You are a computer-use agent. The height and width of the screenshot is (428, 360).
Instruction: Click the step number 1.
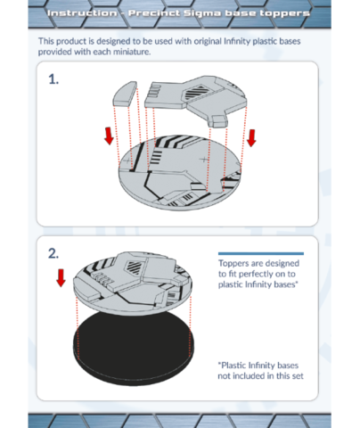point(53,79)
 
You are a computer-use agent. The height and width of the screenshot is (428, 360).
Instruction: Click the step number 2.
point(53,253)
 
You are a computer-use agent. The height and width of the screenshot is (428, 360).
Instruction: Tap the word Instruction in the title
point(82,13)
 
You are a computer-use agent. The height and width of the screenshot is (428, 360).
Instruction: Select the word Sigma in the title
point(202,13)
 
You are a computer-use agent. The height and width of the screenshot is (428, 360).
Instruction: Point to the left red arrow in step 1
point(110,136)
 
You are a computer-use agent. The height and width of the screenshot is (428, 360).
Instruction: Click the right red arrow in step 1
point(251,138)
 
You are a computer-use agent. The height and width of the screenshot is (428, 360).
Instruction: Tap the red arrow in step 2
point(61,278)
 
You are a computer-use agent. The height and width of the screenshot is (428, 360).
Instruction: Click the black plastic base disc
point(134,348)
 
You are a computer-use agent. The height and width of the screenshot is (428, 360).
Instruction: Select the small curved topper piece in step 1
point(125,94)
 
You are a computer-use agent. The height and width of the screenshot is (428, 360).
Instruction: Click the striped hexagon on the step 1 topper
point(198,92)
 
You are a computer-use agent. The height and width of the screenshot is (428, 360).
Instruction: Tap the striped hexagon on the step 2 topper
point(134,267)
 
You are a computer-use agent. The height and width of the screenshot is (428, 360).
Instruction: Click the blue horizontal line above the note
point(261,253)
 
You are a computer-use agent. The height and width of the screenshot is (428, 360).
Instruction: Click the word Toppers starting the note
point(234,264)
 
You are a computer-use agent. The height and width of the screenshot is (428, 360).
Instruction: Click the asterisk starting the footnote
point(219,364)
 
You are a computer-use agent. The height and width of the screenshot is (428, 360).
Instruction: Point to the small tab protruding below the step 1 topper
point(219,121)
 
